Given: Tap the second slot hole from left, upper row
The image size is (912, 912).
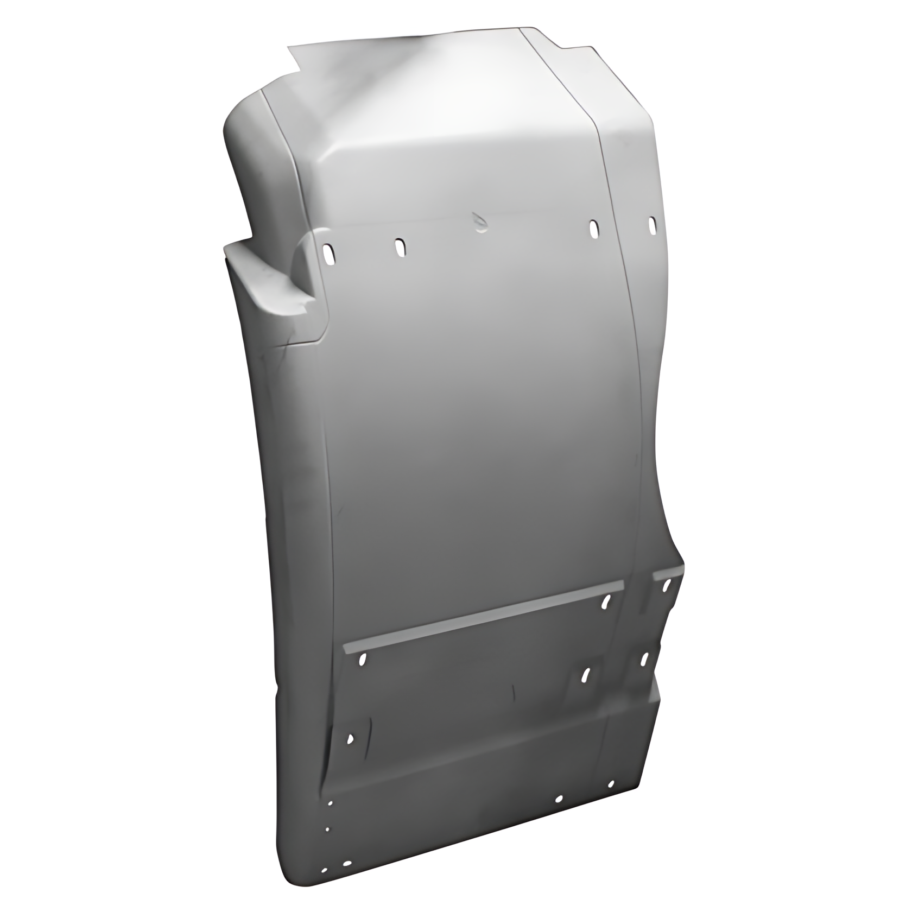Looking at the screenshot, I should point(400,246).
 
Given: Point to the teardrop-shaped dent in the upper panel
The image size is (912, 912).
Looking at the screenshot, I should point(479,221).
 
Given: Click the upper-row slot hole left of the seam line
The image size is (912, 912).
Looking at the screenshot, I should point(593,229).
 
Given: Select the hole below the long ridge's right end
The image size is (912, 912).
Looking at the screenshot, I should point(606,601).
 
